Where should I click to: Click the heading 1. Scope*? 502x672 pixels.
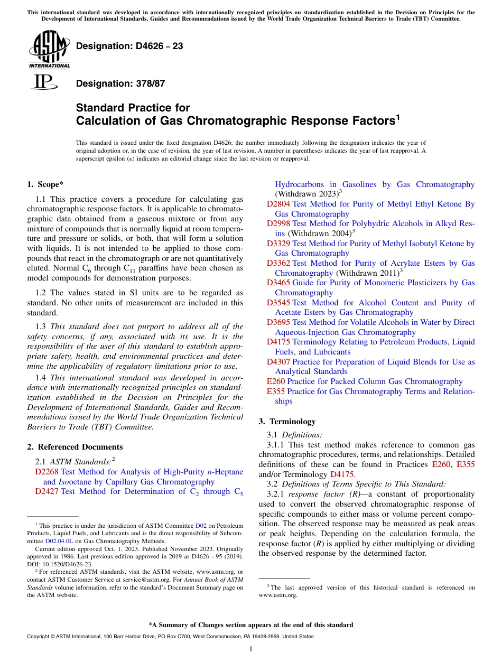45,184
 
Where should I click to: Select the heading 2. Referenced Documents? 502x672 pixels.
75,447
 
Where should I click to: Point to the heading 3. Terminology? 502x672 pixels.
287,422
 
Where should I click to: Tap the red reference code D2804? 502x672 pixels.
278,204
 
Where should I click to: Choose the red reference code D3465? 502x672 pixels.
278,283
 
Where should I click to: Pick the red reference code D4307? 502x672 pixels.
278,362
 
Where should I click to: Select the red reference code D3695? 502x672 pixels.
278,322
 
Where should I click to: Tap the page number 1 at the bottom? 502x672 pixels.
251,649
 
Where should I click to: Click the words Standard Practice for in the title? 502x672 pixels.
133,108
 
